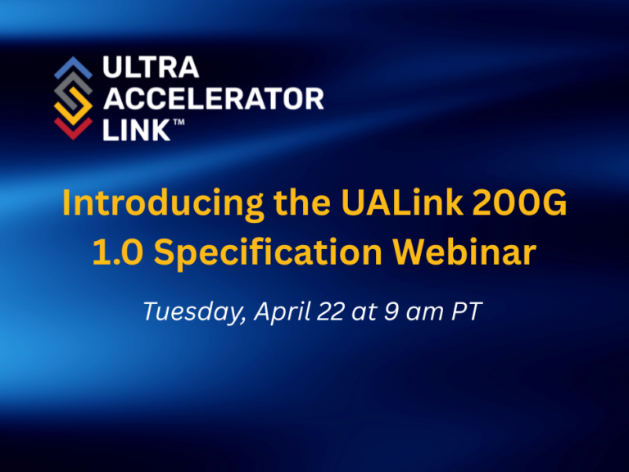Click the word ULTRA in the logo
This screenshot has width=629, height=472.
[x=151, y=66]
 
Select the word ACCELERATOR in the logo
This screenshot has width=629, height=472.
[x=214, y=98]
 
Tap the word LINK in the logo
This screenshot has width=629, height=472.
[x=137, y=129]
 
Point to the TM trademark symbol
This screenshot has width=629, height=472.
[x=179, y=122]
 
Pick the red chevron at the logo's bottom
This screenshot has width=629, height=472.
[x=74, y=129]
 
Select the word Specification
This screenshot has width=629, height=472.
[x=268, y=253]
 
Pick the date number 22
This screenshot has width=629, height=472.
[x=331, y=311]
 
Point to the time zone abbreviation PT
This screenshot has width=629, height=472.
[x=467, y=311]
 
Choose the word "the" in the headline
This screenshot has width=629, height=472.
[x=302, y=202]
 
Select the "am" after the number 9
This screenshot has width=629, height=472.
[x=424, y=313]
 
